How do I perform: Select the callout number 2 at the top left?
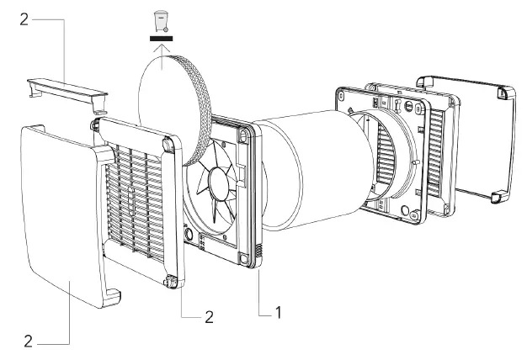coord(24,19)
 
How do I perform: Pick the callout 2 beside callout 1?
coord(208,317)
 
